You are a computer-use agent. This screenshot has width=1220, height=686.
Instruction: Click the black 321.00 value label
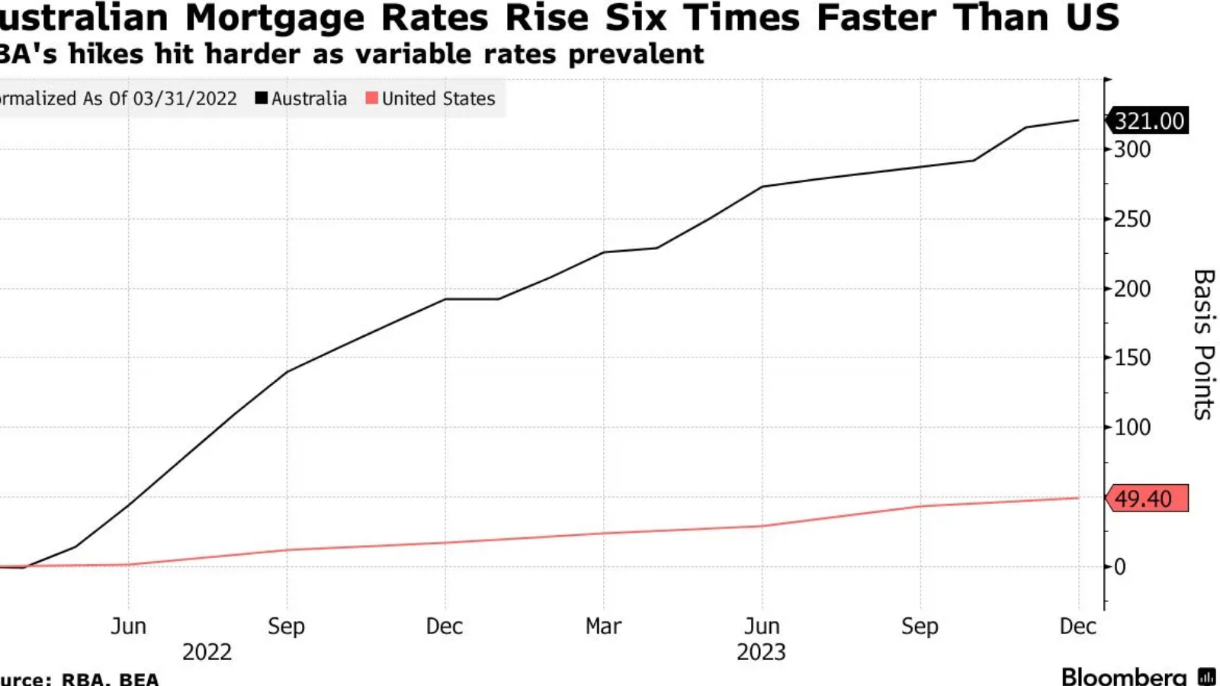tap(1149, 121)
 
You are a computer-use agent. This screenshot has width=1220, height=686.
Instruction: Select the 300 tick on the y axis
tap(1132, 149)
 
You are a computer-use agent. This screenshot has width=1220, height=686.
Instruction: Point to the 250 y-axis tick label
tap(1132, 220)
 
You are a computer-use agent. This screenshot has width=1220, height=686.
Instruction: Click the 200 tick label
tap(1132, 289)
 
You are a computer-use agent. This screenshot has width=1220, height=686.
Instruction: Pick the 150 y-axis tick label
tap(1132, 357)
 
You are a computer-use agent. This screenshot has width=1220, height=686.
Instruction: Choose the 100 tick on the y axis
tap(1132, 428)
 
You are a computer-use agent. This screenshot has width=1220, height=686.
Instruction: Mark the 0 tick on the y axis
tap(1119, 567)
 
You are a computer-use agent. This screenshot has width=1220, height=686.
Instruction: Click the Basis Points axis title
tap(1203, 344)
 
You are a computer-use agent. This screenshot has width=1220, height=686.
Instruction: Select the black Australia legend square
tap(262, 98)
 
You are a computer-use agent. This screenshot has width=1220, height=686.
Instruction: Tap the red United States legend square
tap(372, 98)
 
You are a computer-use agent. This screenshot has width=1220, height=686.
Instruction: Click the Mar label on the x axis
tap(603, 627)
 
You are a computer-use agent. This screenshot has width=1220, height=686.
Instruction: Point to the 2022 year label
tap(207, 652)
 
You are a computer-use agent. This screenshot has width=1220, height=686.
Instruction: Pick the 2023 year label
tap(761, 652)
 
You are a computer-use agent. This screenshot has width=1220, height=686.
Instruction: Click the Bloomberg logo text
tap(1124, 676)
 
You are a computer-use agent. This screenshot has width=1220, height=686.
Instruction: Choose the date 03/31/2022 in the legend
tap(185, 98)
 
